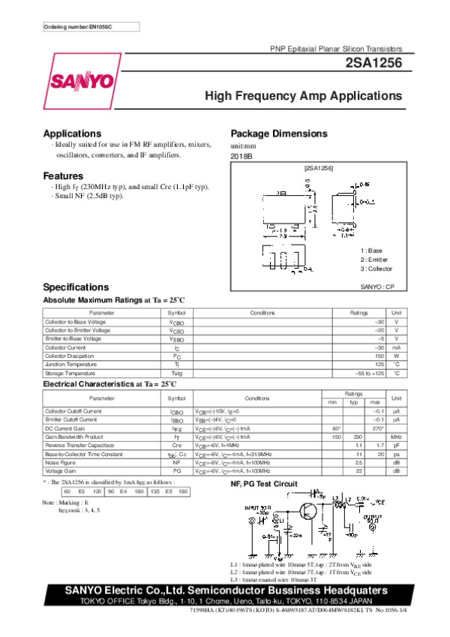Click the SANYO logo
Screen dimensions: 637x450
coord(82,81)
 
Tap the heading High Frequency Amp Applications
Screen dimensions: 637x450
coord(304,96)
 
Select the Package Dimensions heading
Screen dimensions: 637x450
coord(278,134)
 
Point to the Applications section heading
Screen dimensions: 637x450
coord(72,134)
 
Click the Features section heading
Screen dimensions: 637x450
coord(63,176)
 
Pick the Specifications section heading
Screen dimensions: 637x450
coord(76,287)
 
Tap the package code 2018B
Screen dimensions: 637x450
coord(241,155)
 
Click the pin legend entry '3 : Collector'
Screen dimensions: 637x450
coord(376,269)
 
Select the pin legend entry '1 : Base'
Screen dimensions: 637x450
coord(371,251)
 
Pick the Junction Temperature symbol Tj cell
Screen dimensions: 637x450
coord(176,364)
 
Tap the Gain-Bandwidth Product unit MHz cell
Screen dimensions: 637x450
coord(397,437)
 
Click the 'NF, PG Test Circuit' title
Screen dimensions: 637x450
coord(263,483)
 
